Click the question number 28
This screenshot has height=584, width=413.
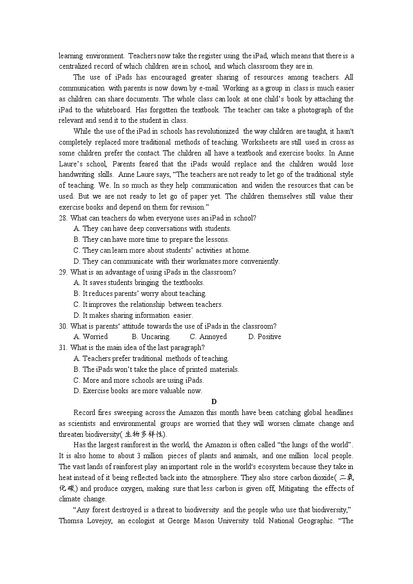(63, 218)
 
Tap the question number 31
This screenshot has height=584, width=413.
(63, 347)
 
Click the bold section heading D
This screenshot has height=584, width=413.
(214, 401)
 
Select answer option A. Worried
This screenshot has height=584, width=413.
(91, 336)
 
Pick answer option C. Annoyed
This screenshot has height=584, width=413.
(208, 336)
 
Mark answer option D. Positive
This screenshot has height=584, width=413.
(265, 336)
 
